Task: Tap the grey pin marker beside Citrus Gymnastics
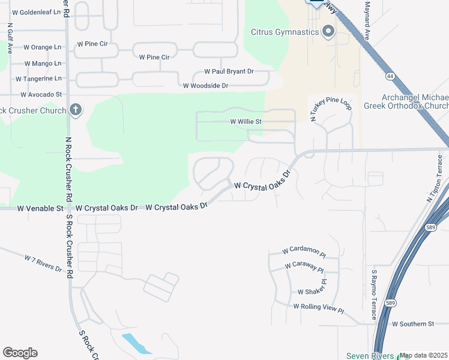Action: [328, 31]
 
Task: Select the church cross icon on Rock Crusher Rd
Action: [75, 110]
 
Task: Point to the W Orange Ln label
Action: [42, 47]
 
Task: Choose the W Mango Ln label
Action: [43, 63]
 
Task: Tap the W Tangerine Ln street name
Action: [38, 79]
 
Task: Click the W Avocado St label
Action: [41, 94]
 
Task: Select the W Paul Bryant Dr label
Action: [229, 71]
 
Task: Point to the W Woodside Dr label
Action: [205, 86]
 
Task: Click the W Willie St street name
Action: [246, 121]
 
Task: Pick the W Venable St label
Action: [40, 208]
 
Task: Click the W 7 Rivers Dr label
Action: [43, 263]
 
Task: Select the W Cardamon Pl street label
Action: [304, 251]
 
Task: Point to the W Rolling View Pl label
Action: [318, 307]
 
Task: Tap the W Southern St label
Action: [412, 324]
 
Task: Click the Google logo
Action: [20, 353]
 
